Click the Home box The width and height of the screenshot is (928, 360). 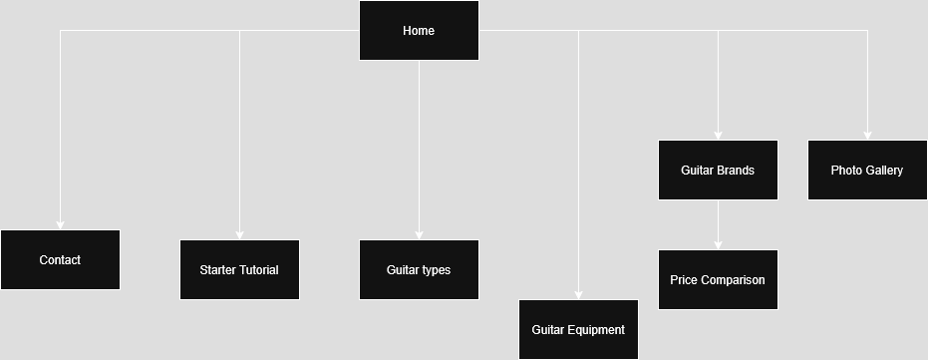point(419,30)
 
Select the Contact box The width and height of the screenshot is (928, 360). point(60,259)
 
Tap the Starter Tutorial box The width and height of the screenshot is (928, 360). point(239,269)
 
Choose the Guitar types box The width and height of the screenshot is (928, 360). point(419,269)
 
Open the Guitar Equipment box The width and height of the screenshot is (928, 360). point(578,329)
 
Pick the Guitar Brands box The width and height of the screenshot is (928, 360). point(718,170)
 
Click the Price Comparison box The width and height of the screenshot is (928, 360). point(718,279)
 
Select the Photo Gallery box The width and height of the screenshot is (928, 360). point(867,170)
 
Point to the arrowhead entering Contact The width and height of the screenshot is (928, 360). point(60,225)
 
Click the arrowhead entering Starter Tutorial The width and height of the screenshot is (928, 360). point(239,235)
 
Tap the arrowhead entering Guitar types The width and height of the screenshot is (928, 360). point(419,235)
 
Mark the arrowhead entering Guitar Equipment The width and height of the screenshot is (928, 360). point(578,295)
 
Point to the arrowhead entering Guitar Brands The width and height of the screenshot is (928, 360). point(718,136)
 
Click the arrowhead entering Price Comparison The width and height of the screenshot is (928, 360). point(718,245)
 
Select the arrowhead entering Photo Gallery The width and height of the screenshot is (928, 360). point(867,136)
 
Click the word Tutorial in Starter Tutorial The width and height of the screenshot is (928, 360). point(258,269)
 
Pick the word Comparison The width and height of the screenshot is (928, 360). point(733,279)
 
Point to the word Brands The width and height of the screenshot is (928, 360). point(736,170)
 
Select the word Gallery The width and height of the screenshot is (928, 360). point(884,170)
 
